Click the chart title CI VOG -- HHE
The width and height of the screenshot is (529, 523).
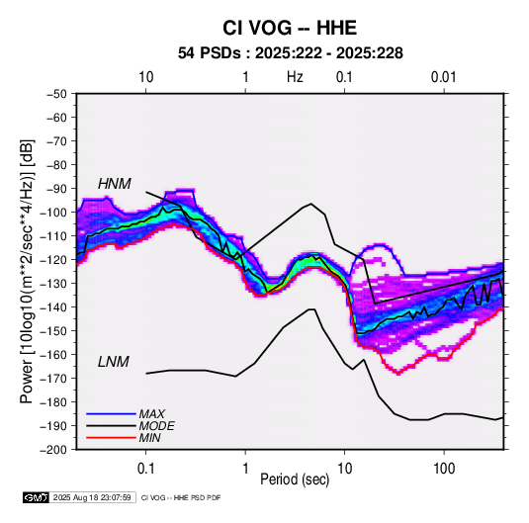point(290,28)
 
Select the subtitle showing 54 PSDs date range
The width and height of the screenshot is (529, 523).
point(291,53)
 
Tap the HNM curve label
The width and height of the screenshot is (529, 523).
point(115,184)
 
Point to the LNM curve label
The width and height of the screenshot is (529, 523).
point(114,362)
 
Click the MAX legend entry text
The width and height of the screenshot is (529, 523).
point(152,413)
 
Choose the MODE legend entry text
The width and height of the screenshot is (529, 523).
point(157,426)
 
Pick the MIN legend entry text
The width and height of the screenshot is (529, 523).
point(149,438)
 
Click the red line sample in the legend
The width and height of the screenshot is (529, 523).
point(111,438)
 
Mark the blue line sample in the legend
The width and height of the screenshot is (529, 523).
point(111,413)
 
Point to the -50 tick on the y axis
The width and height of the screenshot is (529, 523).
point(57,94)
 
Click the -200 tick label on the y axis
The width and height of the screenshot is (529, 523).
point(55,450)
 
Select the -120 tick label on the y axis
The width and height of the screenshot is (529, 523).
point(55,259)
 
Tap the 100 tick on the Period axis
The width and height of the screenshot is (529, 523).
point(444,469)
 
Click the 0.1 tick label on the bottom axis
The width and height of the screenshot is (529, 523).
point(145,469)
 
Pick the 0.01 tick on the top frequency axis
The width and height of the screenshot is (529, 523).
point(444,77)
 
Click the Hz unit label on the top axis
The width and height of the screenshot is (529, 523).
point(295,77)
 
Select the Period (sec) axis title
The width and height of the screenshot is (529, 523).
point(295,479)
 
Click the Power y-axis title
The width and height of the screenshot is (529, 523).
point(27,271)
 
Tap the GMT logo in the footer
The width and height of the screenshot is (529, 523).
point(37,497)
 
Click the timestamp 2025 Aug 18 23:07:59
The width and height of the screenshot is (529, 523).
point(92,497)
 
